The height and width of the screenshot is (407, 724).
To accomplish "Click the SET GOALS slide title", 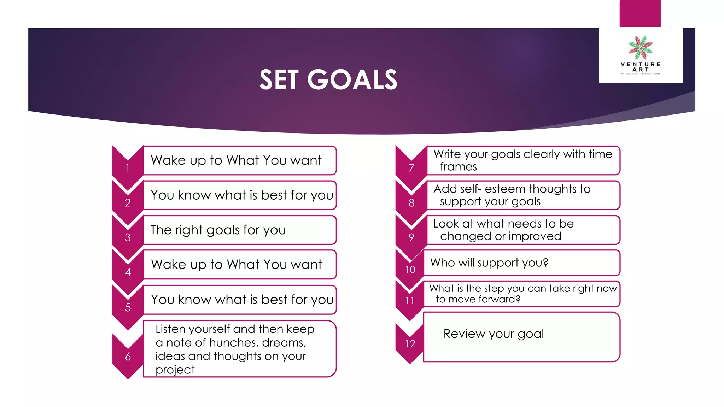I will coord(328,79).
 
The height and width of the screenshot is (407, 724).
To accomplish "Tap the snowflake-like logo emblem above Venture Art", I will coord(640,48).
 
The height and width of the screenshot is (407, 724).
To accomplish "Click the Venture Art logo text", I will coord(641,67).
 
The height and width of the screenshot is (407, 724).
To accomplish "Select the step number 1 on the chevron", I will coord(128,168).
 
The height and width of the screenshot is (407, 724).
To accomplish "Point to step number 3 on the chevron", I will coord(128,237).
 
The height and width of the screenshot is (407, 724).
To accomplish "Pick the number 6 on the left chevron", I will coord(128,356).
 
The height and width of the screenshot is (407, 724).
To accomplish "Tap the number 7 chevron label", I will coord(411,168).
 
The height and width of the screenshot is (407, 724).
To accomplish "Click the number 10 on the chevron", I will coord(410,270).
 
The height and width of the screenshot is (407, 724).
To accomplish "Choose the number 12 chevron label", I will coord(410,344).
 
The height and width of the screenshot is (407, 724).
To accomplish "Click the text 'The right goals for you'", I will coord(218,230).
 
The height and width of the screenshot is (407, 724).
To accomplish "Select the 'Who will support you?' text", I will coord(489,263).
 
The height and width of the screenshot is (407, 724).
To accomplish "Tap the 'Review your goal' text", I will coord(494,334).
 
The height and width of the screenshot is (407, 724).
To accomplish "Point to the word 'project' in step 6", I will coord(175,370).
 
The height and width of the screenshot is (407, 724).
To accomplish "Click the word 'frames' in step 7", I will coord(458,167).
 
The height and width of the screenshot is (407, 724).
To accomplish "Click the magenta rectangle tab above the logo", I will coord(640,13).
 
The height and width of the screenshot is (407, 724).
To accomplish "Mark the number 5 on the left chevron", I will coord(128,307).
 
